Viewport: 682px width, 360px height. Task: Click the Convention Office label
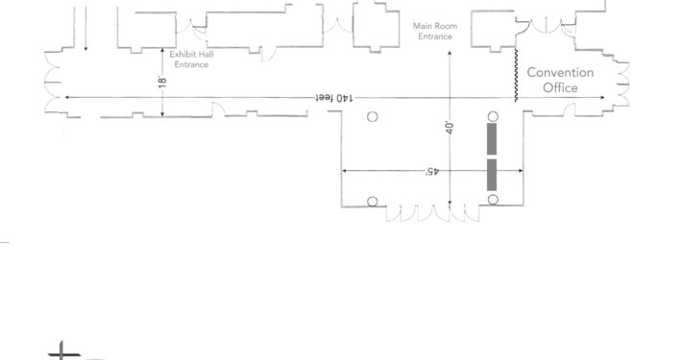point(560,80)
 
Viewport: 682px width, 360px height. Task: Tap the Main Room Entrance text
point(435,32)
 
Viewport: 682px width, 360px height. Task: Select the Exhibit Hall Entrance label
point(191,60)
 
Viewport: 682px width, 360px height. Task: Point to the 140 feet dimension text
point(334,98)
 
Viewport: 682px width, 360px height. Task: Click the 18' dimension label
point(162,82)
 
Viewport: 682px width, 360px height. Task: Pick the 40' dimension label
point(450,128)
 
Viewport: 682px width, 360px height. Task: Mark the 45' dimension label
point(432,171)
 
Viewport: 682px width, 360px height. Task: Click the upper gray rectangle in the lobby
point(492,138)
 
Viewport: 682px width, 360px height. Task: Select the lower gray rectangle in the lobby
point(492,175)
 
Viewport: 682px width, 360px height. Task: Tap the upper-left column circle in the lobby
point(373,116)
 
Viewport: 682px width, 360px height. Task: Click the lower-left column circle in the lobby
point(373,202)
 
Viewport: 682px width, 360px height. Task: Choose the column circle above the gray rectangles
point(493,116)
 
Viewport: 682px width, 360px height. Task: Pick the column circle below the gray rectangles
point(493,200)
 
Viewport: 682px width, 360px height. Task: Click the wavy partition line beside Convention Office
point(516,75)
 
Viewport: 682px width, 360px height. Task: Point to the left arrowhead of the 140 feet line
point(67,97)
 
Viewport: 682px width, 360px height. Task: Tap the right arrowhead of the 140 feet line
point(602,97)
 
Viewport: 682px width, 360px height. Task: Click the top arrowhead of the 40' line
point(450,53)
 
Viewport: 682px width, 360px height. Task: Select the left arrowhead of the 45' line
point(345,171)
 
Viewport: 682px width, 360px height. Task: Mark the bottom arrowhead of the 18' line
point(162,114)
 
